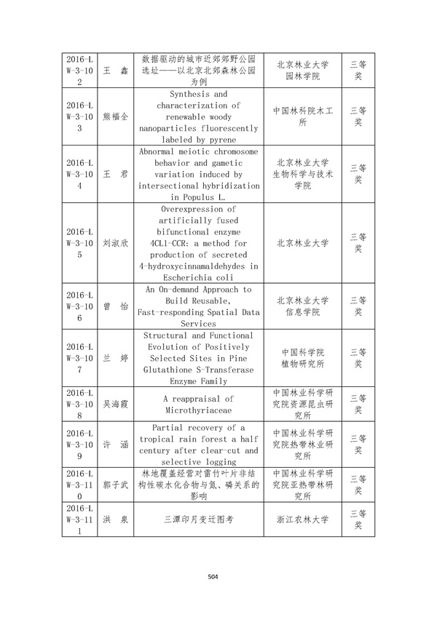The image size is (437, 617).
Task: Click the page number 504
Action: click(213, 578)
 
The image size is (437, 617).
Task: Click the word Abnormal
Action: click(162, 151)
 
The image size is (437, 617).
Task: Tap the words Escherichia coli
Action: click(198, 277)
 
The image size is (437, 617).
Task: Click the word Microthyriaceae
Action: click(198, 410)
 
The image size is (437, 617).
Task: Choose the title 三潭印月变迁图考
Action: click(198, 520)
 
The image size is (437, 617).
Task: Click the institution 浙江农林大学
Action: click(303, 520)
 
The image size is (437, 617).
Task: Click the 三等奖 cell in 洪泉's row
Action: click(358, 520)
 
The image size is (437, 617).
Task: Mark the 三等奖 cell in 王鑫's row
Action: click(358, 70)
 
